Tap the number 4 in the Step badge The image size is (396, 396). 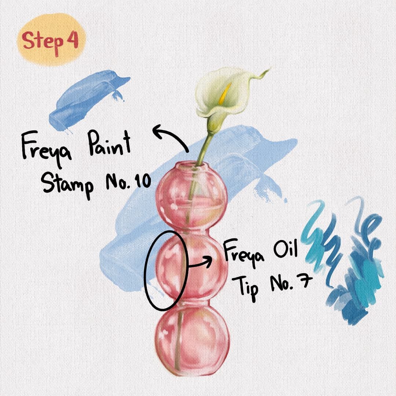[x=73, y=40]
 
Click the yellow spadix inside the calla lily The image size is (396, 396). [x=225, y=94]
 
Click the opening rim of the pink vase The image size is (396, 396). [x=192, y=166]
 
